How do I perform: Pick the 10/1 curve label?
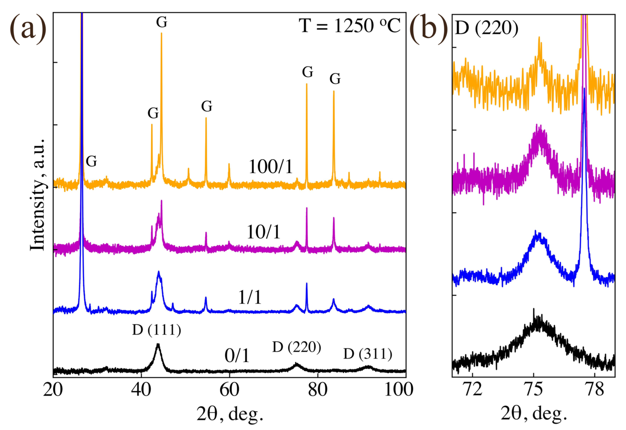click(264, 232)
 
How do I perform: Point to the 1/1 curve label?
click(250, 297)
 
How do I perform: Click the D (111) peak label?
click(157, 330)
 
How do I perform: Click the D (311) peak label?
click(368, 354)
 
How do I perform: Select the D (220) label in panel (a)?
click(297, 347)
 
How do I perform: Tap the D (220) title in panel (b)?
click(486, 28)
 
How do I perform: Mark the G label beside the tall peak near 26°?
click(91, 161)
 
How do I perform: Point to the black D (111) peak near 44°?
click(158, 345)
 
